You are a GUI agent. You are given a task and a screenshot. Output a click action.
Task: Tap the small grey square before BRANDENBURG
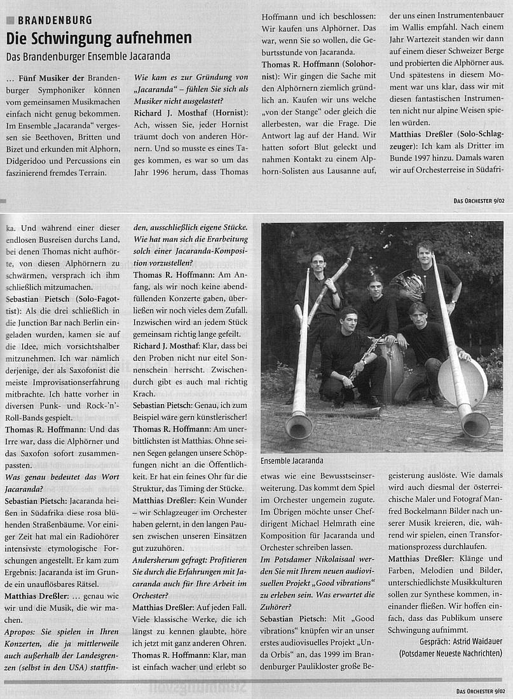click(10, 20)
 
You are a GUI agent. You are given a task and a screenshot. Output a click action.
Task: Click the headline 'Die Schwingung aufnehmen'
click(99, 38)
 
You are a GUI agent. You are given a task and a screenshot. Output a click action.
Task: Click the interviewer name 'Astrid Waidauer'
click(468, 641)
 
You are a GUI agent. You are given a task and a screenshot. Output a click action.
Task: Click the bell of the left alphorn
click(299, 424)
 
